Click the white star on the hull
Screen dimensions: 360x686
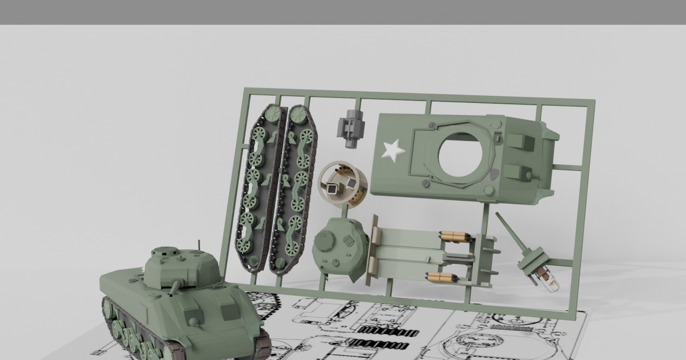click(393, 150)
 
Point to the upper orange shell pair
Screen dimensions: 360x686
click(454, 236)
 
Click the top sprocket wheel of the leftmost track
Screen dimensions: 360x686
click(273, 115)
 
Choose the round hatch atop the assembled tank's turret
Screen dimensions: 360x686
click(165, 251)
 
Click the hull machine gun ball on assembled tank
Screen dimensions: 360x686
click(194, 322)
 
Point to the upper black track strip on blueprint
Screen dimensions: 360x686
click(388, 332)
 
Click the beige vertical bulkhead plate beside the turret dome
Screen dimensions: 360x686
click(375, 250)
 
